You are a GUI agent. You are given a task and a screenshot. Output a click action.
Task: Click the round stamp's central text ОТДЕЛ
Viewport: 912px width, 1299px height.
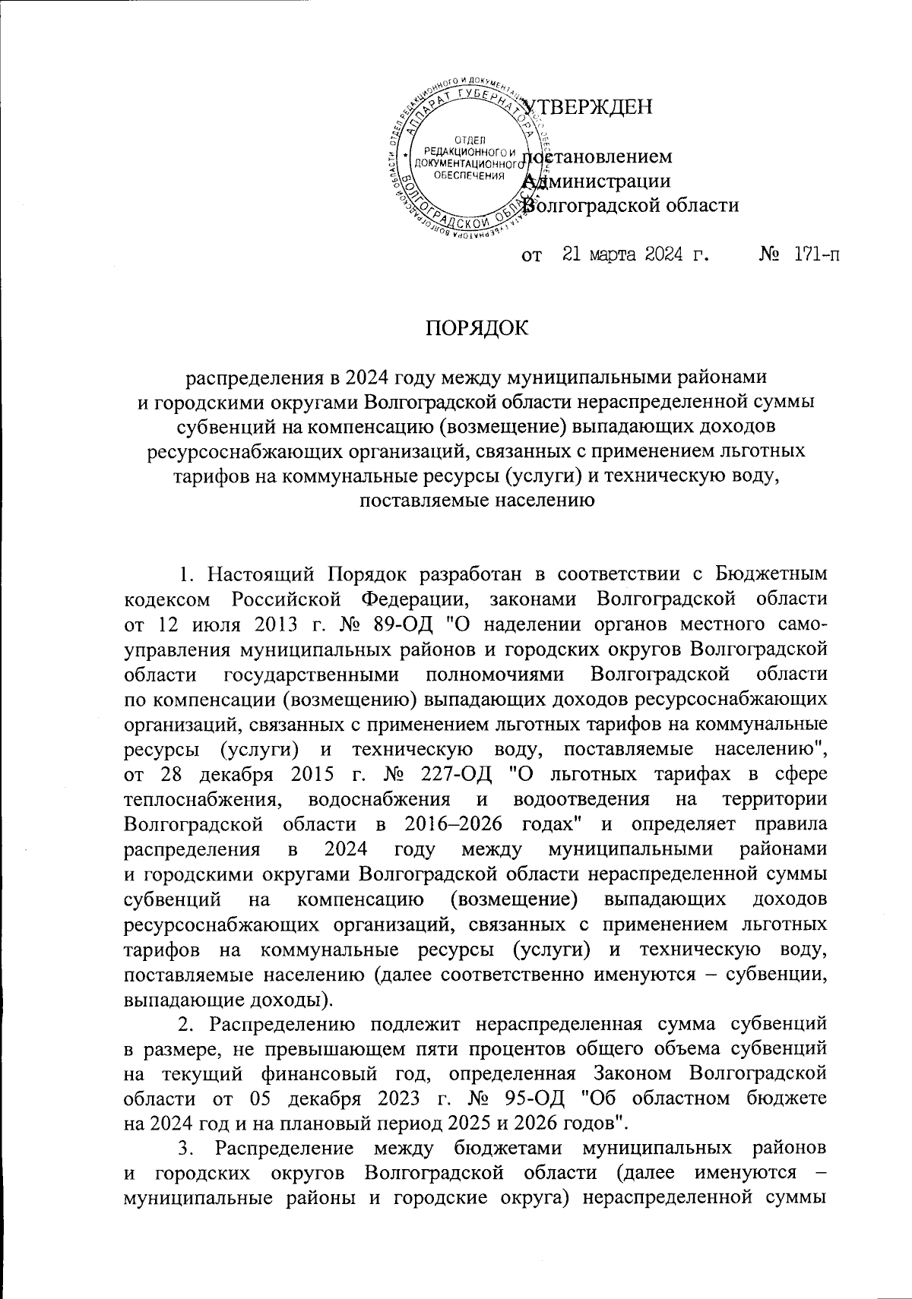(x=464, y=139)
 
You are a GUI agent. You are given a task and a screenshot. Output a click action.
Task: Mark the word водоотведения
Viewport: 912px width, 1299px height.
(x=581, y=801)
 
